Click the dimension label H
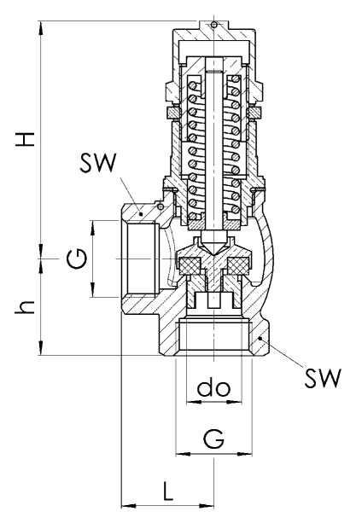(25, 139)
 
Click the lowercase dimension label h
(25, 307)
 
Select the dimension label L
(168, 491)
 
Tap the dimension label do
(213, 386)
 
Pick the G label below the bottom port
(213, 439)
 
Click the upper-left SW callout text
(98, 163)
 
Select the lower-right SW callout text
(323, 378)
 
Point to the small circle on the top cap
(213, 25)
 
